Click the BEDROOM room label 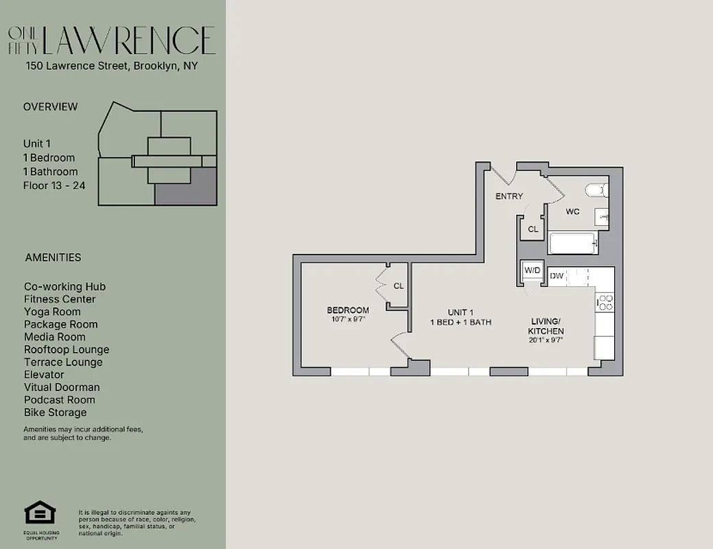pyautogui.click(x=347, y=310)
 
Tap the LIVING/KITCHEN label pyautogui.click(x=546, y=326)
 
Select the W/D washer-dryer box pyautogui.click(x=533, y=271)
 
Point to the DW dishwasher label pyautogui.click(x=557, y=276)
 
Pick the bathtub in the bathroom pyautogui.click(x=572, y=244)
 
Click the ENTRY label pyautogui.click(x=509, y=196)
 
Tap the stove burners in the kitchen pyautogui.click(x=605, y=303)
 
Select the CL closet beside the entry pyautogui.click(x=533, y=229)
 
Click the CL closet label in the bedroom pyautogui.click(x=399, y=286)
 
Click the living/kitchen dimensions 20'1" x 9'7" pyautogui.click(x=546, y=340)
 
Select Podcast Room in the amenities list pyautogui.click(x=60, y=400)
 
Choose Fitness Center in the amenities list pyautogui.click(x=60, y=299)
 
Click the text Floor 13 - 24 pyautogui.click(x=54, y=185)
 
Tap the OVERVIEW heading pyautogui.click(x=51, y=107)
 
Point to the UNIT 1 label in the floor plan pyautogui.click(x=460, y=312)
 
